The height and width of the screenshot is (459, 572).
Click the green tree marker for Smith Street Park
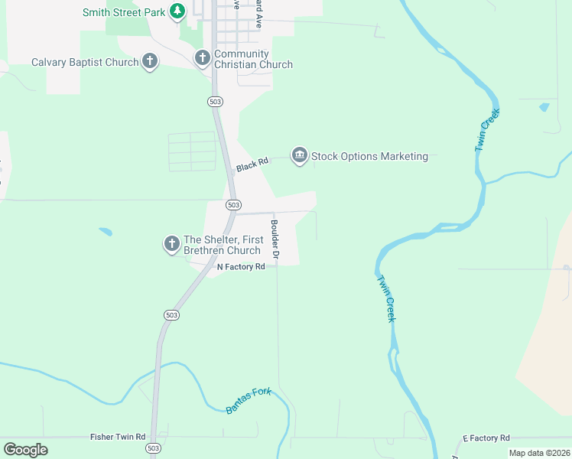coord(177,11)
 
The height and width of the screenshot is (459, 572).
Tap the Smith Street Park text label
coord(125,12)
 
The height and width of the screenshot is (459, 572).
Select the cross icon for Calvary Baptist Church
coord(150,62)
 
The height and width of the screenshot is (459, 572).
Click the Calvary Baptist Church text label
coord(85,62)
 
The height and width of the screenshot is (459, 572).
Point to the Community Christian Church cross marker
coord(202,57)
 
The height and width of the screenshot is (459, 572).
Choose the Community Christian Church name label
coord(253,59)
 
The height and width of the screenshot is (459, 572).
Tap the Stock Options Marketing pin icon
coord(299,156)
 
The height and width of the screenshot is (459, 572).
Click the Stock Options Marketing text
coord(369,156)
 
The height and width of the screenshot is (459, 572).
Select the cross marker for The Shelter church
coord(171,244)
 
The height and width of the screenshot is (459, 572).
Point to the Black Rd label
coord(252,164)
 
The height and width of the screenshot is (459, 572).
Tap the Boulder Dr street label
coord(275,238)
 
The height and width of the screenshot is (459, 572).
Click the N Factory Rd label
coord(241,267)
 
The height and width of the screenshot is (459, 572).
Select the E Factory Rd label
coord(486,438)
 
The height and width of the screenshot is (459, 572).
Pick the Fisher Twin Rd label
coord(118,437)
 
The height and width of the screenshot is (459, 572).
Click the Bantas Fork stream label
coord(249,401)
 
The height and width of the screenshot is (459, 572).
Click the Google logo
coord(25,450)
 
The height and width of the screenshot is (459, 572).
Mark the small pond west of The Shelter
coord(106,231)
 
